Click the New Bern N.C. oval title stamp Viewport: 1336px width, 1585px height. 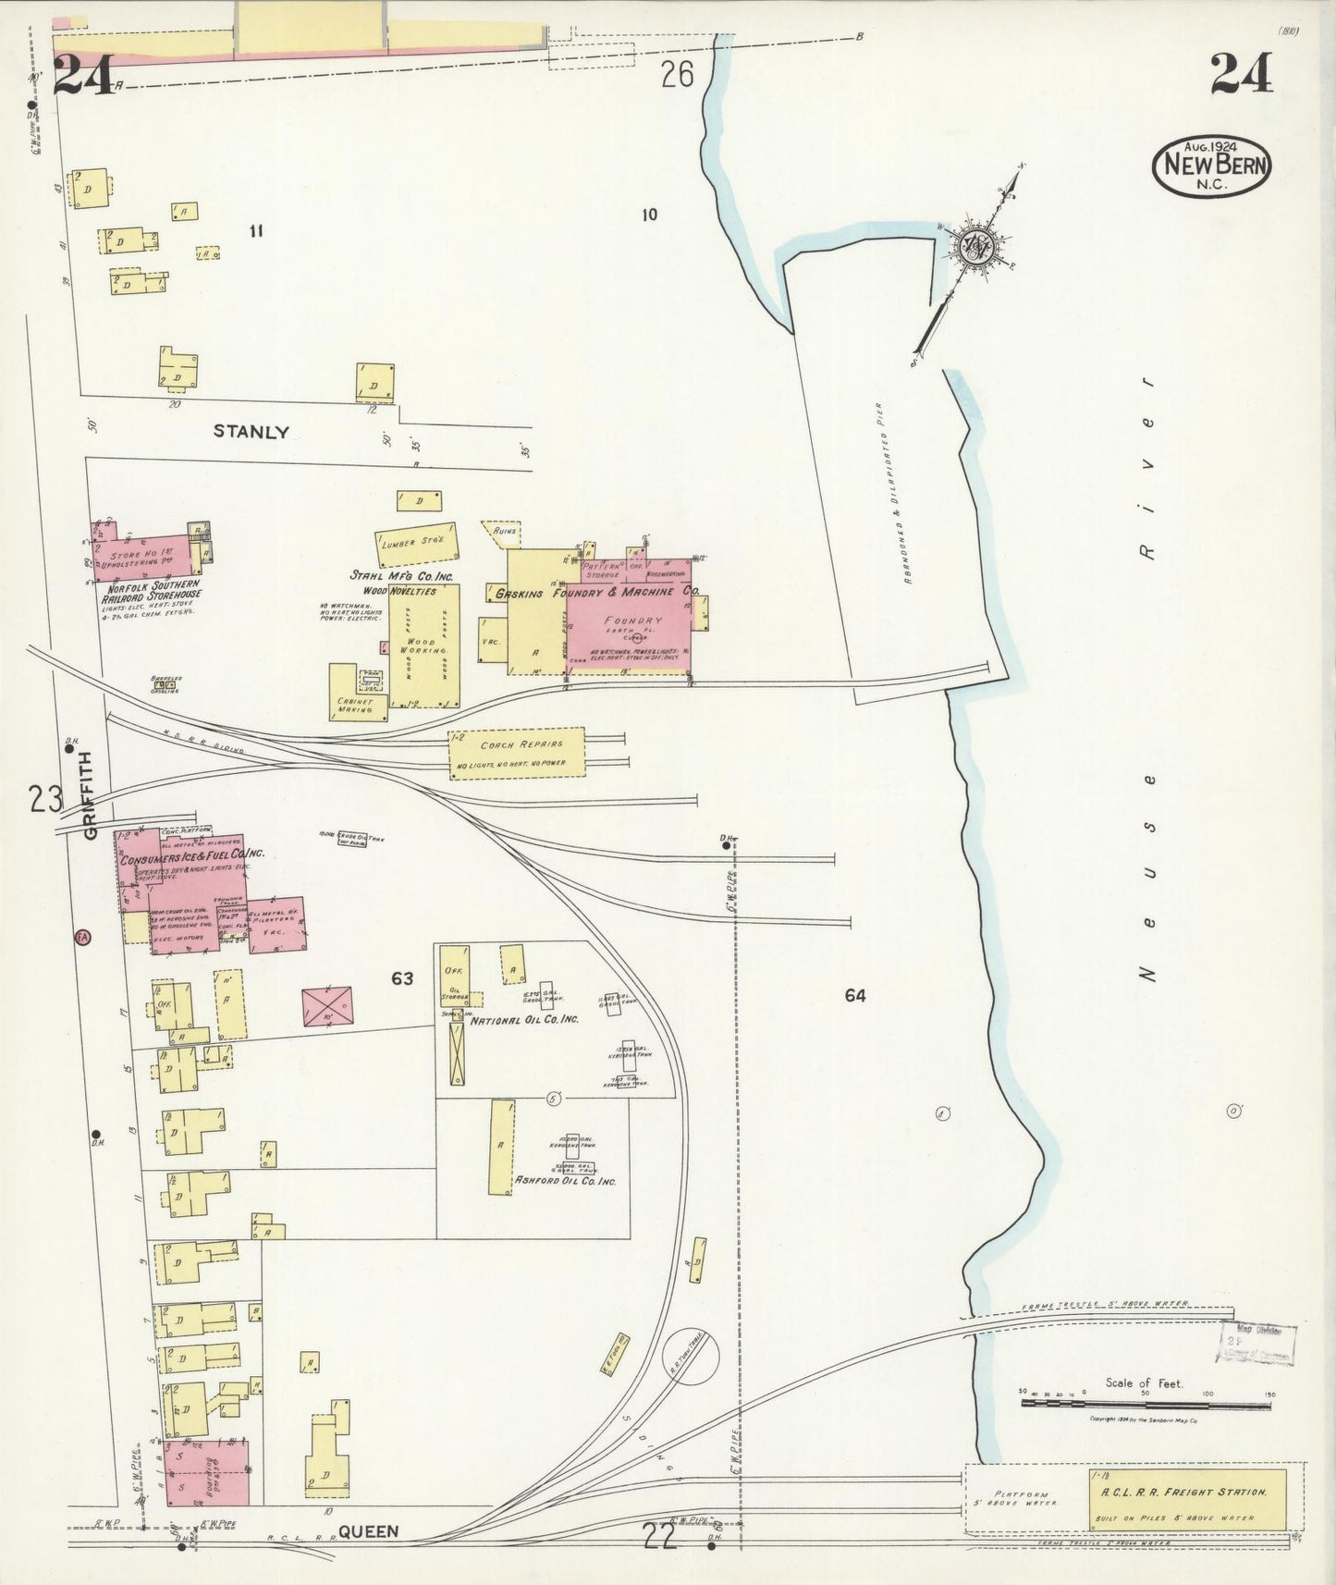pyautogui.click(x=1210, y=166)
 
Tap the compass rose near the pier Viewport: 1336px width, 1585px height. pyautogui.click(x=976, y=245)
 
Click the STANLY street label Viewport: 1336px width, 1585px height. pyautogui.click(x=251, y=431)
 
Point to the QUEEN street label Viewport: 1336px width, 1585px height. pyautogui.click(x=368, y=1531)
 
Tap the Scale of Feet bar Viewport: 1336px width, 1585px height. pyautogui.click(x=1146, y=1404)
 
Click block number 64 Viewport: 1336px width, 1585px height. pyautogui.click(x=854, y=996)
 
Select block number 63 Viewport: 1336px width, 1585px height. pyautogui.click(x=401, y=978)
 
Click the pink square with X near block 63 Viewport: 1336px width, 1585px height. pyautogui.click(x=327, y=1005)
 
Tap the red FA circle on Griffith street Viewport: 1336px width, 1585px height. pyautogui.click(x=83, y=937)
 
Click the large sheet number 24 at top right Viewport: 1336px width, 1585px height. pyautogui.click(x=1241, y=73)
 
